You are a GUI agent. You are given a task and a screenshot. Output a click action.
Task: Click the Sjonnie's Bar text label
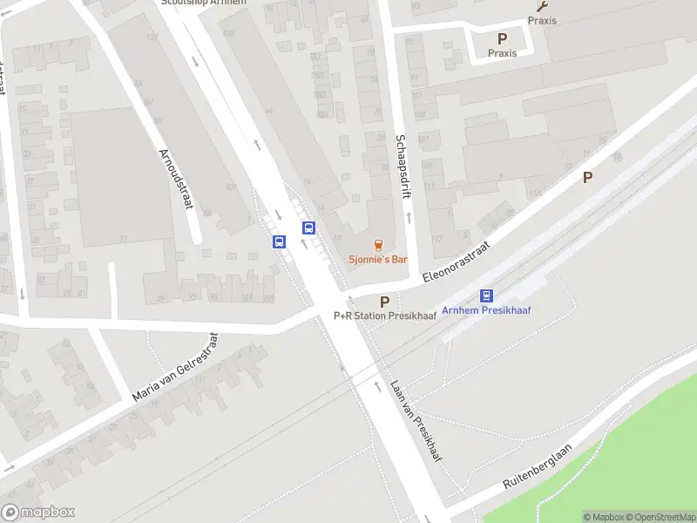pyautogui.click(x=378, y=260)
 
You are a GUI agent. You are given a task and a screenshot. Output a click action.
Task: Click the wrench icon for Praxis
pyautogui.click(x=542, y=6)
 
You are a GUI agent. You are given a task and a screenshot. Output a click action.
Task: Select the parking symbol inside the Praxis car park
pyautogui.click(x=502, y=38)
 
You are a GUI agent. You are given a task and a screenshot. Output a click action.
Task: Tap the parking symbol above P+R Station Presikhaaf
pyautogui.click(x=384, y=301)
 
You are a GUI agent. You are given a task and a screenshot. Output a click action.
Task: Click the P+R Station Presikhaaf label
pyautogui.click(x=384, y=316)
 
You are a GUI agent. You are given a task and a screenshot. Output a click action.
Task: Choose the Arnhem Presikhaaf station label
pyautogui.click(x=486, y=310)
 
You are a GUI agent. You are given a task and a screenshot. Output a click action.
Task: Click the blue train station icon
pyautogui.click(x=486, y=295)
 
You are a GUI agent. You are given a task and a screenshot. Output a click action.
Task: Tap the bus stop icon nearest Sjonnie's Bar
pyautogui.click(x=308, y=228)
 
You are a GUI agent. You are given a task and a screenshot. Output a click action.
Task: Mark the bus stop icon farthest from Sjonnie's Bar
pyautogui.click(x=280, y=241)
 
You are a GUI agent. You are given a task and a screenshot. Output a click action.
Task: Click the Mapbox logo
pyautogui.click(x=38, y=513)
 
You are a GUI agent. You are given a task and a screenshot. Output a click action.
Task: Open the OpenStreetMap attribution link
pyautogui.click(x=661, y=517)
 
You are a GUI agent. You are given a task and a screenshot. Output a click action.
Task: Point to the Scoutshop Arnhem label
pyautogui.click(x=204, y=3)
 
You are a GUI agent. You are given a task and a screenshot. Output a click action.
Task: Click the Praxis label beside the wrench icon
pyautogui.click(x=542, y=21)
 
